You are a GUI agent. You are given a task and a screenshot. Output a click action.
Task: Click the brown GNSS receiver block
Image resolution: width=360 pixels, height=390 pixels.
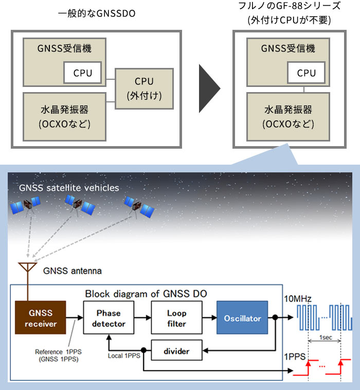41,317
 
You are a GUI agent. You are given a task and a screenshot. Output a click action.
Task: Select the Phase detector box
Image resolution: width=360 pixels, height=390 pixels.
109,317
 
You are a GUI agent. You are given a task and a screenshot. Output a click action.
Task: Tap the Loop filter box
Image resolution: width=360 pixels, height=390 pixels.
176,317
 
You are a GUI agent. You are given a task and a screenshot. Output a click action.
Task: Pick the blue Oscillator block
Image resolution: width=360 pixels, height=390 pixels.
242,317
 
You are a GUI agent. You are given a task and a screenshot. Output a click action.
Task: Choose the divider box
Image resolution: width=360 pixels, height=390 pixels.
176,350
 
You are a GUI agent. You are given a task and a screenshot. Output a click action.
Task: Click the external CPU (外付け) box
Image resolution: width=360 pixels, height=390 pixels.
144,88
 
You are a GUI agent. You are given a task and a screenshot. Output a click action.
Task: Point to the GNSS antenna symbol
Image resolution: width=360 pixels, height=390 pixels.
28,268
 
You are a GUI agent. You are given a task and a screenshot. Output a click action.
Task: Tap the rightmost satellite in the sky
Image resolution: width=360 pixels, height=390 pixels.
139,207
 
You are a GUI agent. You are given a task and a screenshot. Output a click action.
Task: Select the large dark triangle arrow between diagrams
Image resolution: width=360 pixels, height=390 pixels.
208,88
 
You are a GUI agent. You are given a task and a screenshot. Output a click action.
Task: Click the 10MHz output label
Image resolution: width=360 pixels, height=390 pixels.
298,298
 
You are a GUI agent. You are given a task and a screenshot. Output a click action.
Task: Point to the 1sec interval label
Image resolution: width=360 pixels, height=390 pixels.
326,338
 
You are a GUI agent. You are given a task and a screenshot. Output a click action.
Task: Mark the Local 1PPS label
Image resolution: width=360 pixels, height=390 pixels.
124,356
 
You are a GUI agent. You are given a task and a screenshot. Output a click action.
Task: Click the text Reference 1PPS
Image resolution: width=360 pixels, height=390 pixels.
58,352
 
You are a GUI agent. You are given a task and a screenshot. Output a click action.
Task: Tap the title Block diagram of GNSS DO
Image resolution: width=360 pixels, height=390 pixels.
146,294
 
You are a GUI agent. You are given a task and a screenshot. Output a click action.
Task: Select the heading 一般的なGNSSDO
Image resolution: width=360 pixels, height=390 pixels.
97,13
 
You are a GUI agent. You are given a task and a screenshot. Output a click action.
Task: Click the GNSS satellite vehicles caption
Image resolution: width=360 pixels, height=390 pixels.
69,188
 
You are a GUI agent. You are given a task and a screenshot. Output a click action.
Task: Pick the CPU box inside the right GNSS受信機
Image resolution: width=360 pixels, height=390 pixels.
306,73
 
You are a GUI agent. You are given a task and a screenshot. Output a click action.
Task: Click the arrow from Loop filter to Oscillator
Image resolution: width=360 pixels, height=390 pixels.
210,317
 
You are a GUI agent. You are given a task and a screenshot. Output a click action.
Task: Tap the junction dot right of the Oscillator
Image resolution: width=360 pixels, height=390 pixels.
275,317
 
